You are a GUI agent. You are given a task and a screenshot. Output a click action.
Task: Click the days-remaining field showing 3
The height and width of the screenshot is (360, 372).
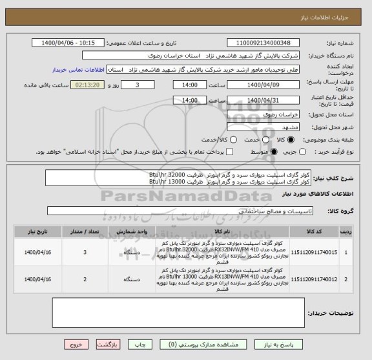coord(141,85)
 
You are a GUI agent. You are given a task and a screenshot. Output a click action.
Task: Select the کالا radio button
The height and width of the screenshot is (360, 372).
coord(288,140)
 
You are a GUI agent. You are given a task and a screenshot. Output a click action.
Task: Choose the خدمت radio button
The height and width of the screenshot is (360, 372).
coord(258,140)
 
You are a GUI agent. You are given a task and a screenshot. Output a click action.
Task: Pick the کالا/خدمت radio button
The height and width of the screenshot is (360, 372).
coord(223,140)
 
